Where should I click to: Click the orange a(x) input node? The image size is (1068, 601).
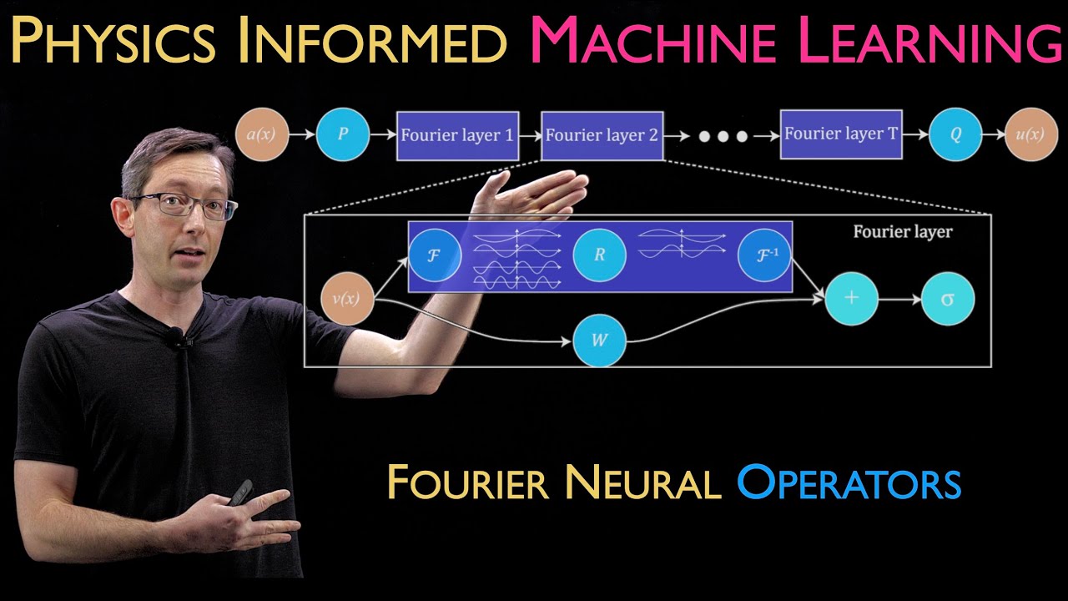(x=262, y=134)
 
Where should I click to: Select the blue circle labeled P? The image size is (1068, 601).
(x=342, y=134)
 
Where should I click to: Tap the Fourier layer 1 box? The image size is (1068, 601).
(x=457, y=134)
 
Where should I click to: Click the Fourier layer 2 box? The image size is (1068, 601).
(x=602, y=134)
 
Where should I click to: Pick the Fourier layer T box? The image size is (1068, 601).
(x=841, y=134)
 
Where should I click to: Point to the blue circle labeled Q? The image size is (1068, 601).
(x=955, y=134)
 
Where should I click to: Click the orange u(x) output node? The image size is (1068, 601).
(x=1030, y=134)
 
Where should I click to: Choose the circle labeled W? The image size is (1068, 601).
(x=599, y=341)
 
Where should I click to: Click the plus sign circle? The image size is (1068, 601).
(x=851, y=298)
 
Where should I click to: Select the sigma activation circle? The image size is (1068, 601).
(x=947, y=298)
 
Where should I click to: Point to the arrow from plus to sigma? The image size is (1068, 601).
(x=899, y=298)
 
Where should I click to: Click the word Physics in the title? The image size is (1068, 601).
(x=117, y=42)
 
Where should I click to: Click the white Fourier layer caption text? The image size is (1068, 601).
(x=902, y=232)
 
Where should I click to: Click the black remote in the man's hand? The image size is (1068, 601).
(x=240, y=492)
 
